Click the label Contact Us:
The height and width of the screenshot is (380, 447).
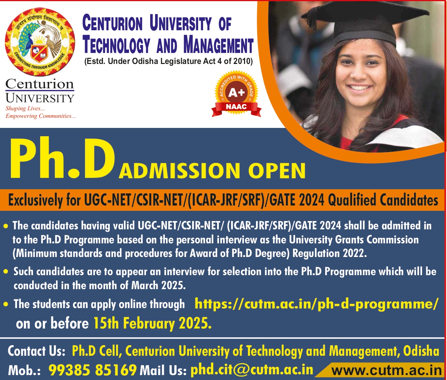click(x=37, y=351)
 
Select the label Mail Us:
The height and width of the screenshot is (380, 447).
click(x=163, y=369)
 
